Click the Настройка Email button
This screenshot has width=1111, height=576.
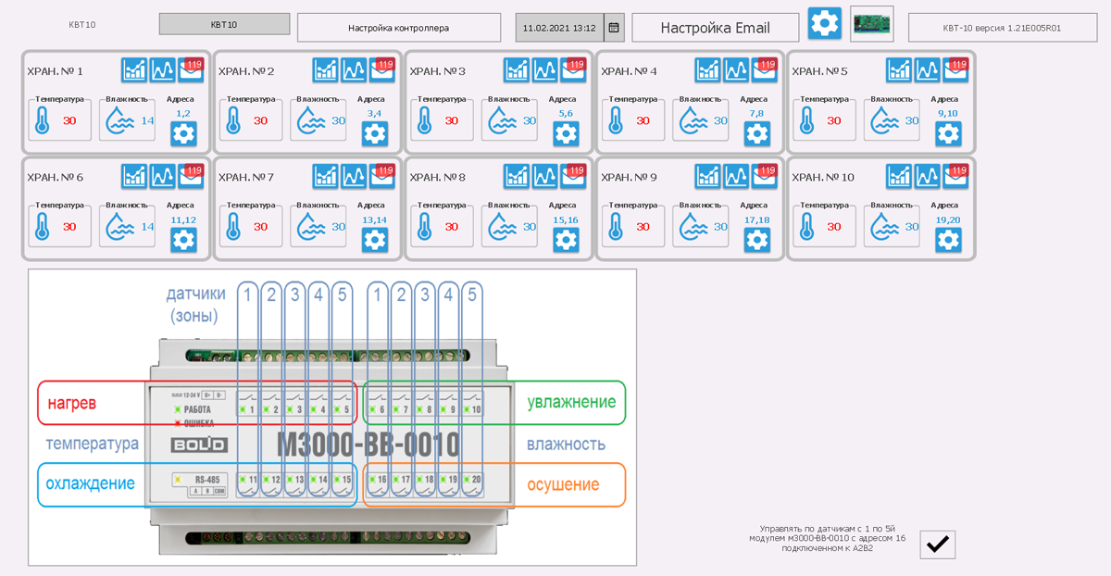click(715, 28)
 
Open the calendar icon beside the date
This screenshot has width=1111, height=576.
click(614, 28)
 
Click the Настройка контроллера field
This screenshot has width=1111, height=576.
click(398, 28)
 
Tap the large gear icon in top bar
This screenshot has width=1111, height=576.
click(824, 22)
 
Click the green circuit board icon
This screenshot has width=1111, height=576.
click(871, 22)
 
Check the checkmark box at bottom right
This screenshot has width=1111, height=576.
click(937, 545)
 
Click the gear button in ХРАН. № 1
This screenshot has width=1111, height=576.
click(183, 133)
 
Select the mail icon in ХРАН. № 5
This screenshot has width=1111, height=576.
click(956, 69)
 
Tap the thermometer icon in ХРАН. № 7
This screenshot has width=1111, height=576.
click(233, 226)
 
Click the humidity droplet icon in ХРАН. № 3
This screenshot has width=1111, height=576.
click(501, 120)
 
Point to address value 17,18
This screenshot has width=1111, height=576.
click(756, 219)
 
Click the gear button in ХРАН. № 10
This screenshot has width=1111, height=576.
click(948, 240)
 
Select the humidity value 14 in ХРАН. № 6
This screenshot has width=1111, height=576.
click(148, 226)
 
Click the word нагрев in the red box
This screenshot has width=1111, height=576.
click(72, 403)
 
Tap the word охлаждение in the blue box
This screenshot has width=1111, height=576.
click(91, 483)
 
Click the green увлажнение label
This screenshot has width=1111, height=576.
click(571, 402)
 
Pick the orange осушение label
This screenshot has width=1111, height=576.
click(563, 484)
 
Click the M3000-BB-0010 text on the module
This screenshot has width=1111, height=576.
click(368, 445)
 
